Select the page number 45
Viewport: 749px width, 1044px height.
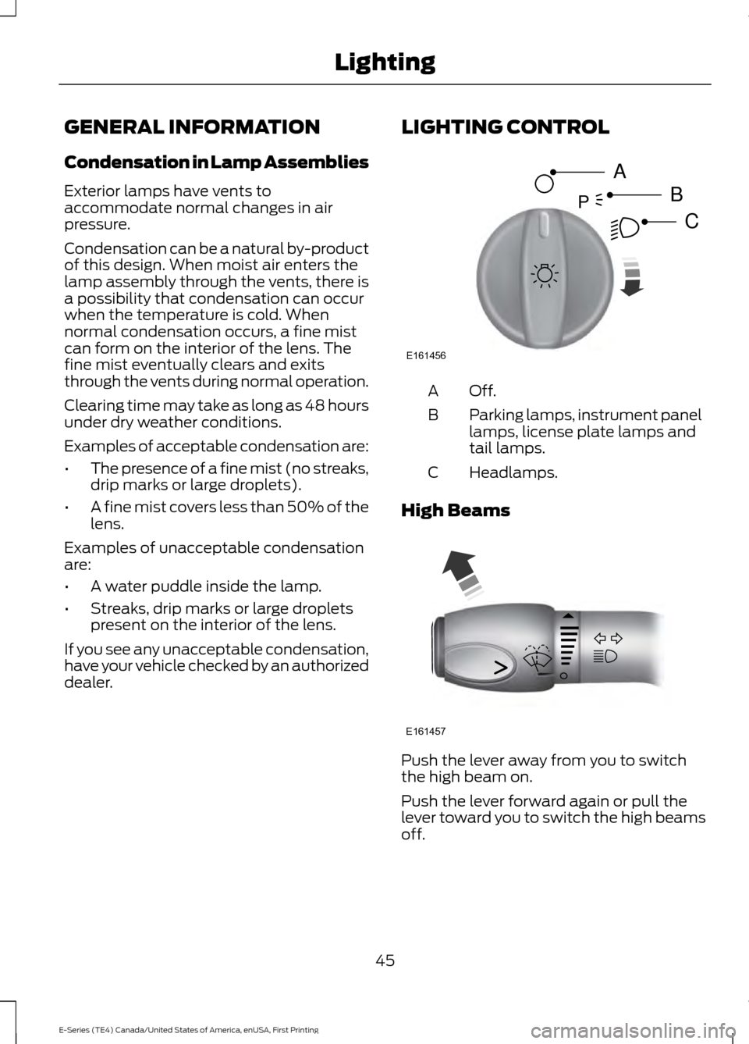pyautogui.click(x=385, y=960)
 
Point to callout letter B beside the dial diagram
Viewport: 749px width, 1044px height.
pyautogui.click(x=676, y=193)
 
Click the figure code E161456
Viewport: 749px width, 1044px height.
pyautogui.click(x=426, y=355)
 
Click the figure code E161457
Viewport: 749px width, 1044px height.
pyautogui.click(x=426, y=730)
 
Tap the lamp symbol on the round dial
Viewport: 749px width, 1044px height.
pyautogui.click(x=545, y=276)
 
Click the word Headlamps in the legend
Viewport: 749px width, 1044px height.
pyautogui.click(x=513, y=472)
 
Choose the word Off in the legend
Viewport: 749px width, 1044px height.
pyautogui.click(x=482, y=390)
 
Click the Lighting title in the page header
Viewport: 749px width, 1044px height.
pyautogui.click(x=385, y=62)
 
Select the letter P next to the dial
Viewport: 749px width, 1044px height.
pyautogui.click(x=582, y=202)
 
